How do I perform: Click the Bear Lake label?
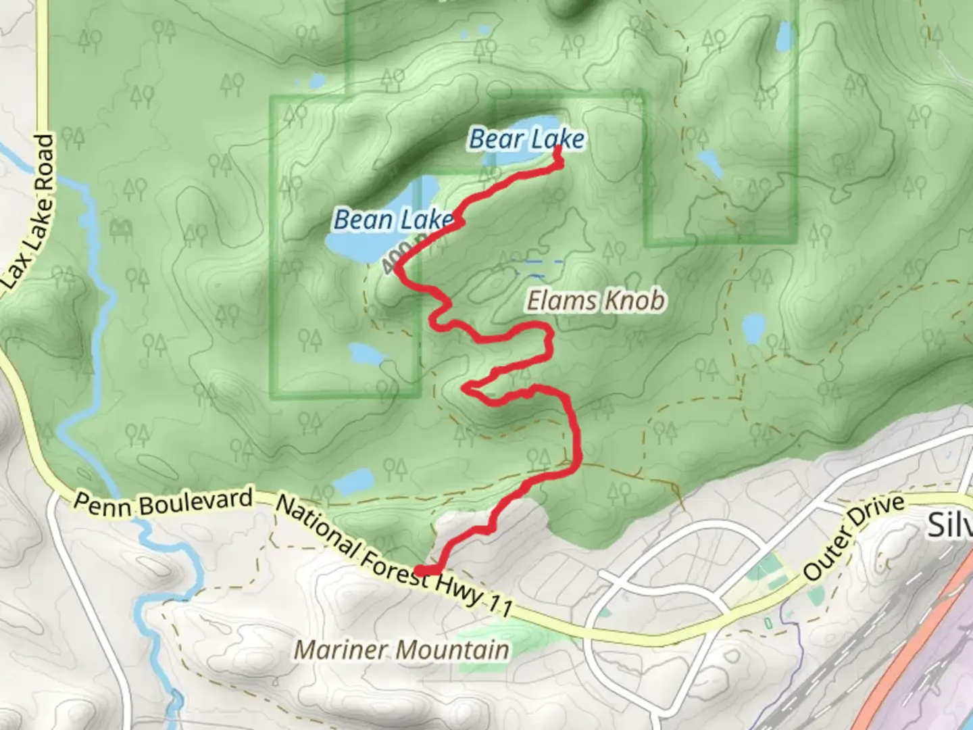[526, 139]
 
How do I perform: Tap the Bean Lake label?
[393, 220]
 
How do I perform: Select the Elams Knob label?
[595, 301]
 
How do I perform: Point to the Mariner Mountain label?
[401, 650]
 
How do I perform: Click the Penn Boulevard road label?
[162, 502]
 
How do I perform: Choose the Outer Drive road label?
[853, 537]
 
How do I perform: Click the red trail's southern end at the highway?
[420, 571]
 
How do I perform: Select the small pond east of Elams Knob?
[753, 328]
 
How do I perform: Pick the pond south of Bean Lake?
[364, 353]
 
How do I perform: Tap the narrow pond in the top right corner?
[784, 37]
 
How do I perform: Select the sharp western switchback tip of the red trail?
[466, 387]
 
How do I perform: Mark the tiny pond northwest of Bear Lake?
[316, 82]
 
